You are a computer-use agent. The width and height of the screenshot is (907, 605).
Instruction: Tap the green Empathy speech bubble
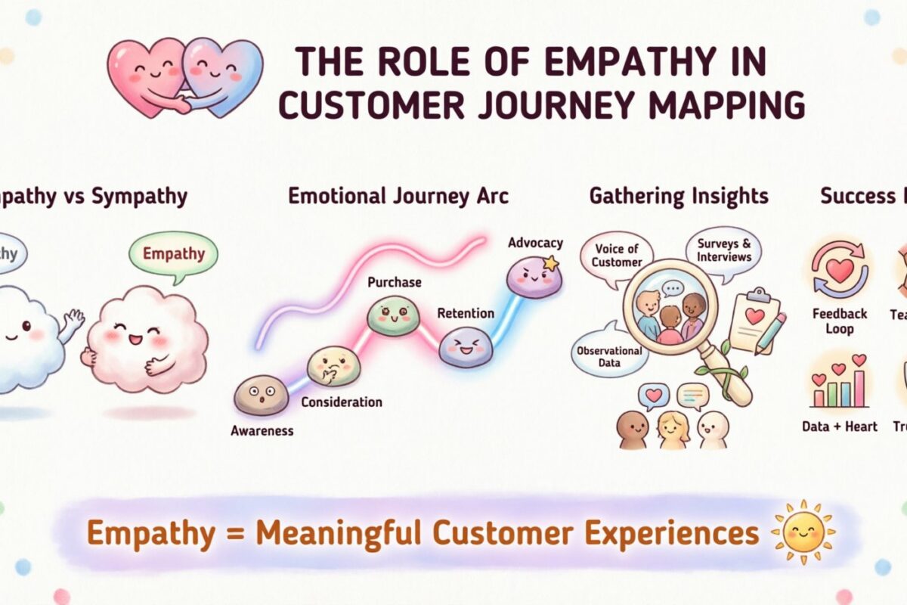(x=173, y=253)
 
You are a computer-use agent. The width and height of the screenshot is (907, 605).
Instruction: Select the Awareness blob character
(x=261, y=396)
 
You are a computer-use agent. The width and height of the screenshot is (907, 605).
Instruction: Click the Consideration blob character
(x=333, y=365)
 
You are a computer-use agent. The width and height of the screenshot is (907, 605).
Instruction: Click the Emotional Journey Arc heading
(x=398, y=197)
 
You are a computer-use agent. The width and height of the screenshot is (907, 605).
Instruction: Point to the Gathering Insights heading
(x=678, y=197)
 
